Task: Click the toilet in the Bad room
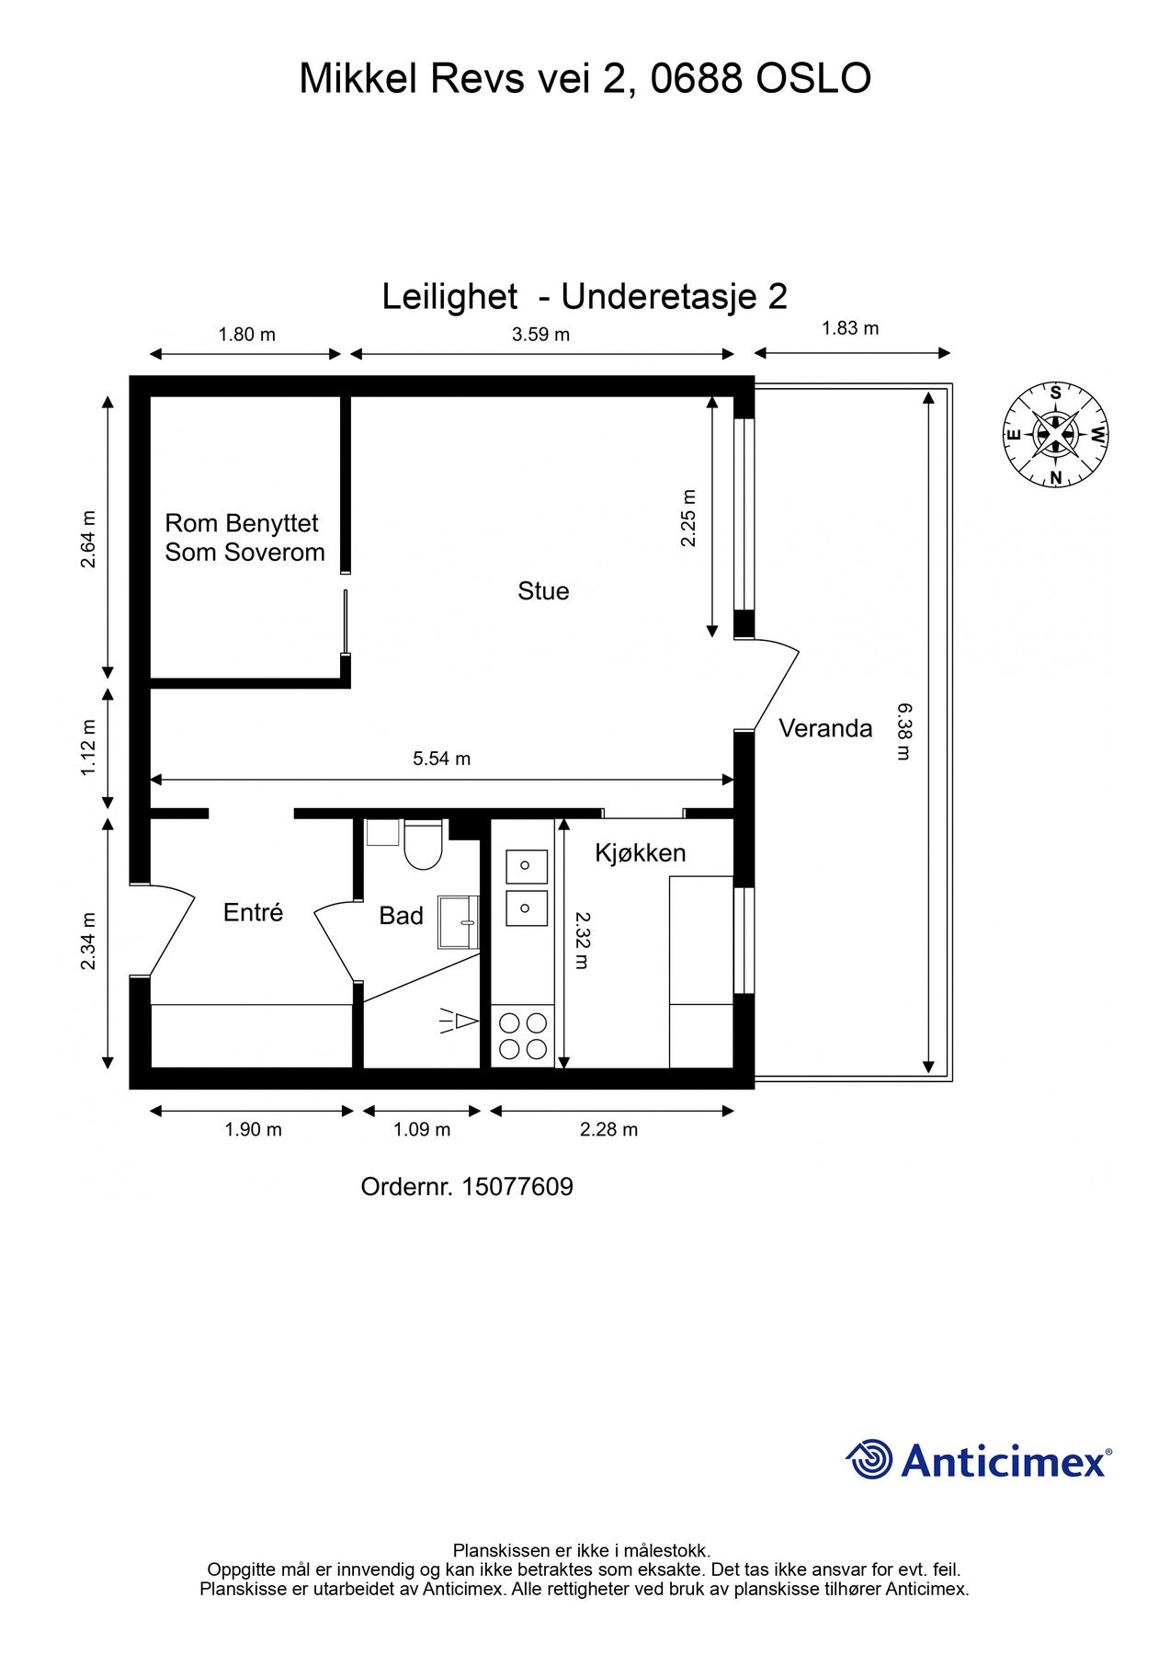click(x=424, y=845)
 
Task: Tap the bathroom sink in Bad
click(x=459, y=922)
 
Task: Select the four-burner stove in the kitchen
click(x=523, y=1035)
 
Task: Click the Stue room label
click(x=543, y=591)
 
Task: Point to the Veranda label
click(x=824, y=729)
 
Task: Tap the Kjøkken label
click(x=641, y=853)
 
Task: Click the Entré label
click(x=253, y=913)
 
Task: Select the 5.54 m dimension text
click(x=441, y=759)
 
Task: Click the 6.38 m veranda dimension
click(x=903, y=731)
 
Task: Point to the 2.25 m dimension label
click(x=688, y=518)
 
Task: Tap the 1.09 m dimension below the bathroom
click(x=422, y=1129)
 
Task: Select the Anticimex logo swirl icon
click(x=869, y=1460)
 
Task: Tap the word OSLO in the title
click(x=812, y=79)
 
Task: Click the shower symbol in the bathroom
click(x=460, y=1022)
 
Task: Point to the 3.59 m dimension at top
click(x=540, y=335)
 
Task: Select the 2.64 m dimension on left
click(x=88, y=539)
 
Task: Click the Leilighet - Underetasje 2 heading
click(x=585, y=297)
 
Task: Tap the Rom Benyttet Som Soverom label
click(x=244, y=538)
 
